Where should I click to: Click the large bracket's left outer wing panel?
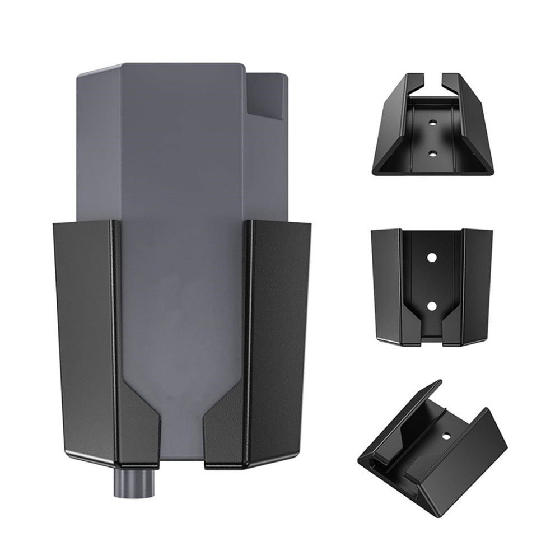pyautogui.click(x=84, y=336)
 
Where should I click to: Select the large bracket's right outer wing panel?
pyautogui.click(x=280, y=336)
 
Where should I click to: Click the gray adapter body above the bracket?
pyautogui.click(x=179, y=140)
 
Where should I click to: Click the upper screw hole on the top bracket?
pyautogui.click(x=432, y=121)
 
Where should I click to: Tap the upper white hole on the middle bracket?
pyautogui.click(x=432, y=257)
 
